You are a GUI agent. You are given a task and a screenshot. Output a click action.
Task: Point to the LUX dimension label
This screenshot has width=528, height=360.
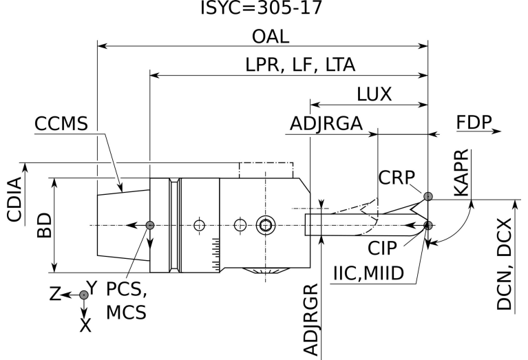[374, 94]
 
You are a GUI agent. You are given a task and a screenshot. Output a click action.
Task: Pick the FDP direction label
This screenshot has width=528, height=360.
[474, 122]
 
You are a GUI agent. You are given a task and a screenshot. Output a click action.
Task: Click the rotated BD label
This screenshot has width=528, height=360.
[43, 224]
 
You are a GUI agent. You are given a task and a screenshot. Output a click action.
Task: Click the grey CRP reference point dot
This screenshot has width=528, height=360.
[428, 197]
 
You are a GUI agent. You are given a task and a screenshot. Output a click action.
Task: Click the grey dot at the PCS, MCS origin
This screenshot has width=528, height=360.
[150, 226]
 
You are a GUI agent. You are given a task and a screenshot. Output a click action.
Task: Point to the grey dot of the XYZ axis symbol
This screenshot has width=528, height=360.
[84, 295]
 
